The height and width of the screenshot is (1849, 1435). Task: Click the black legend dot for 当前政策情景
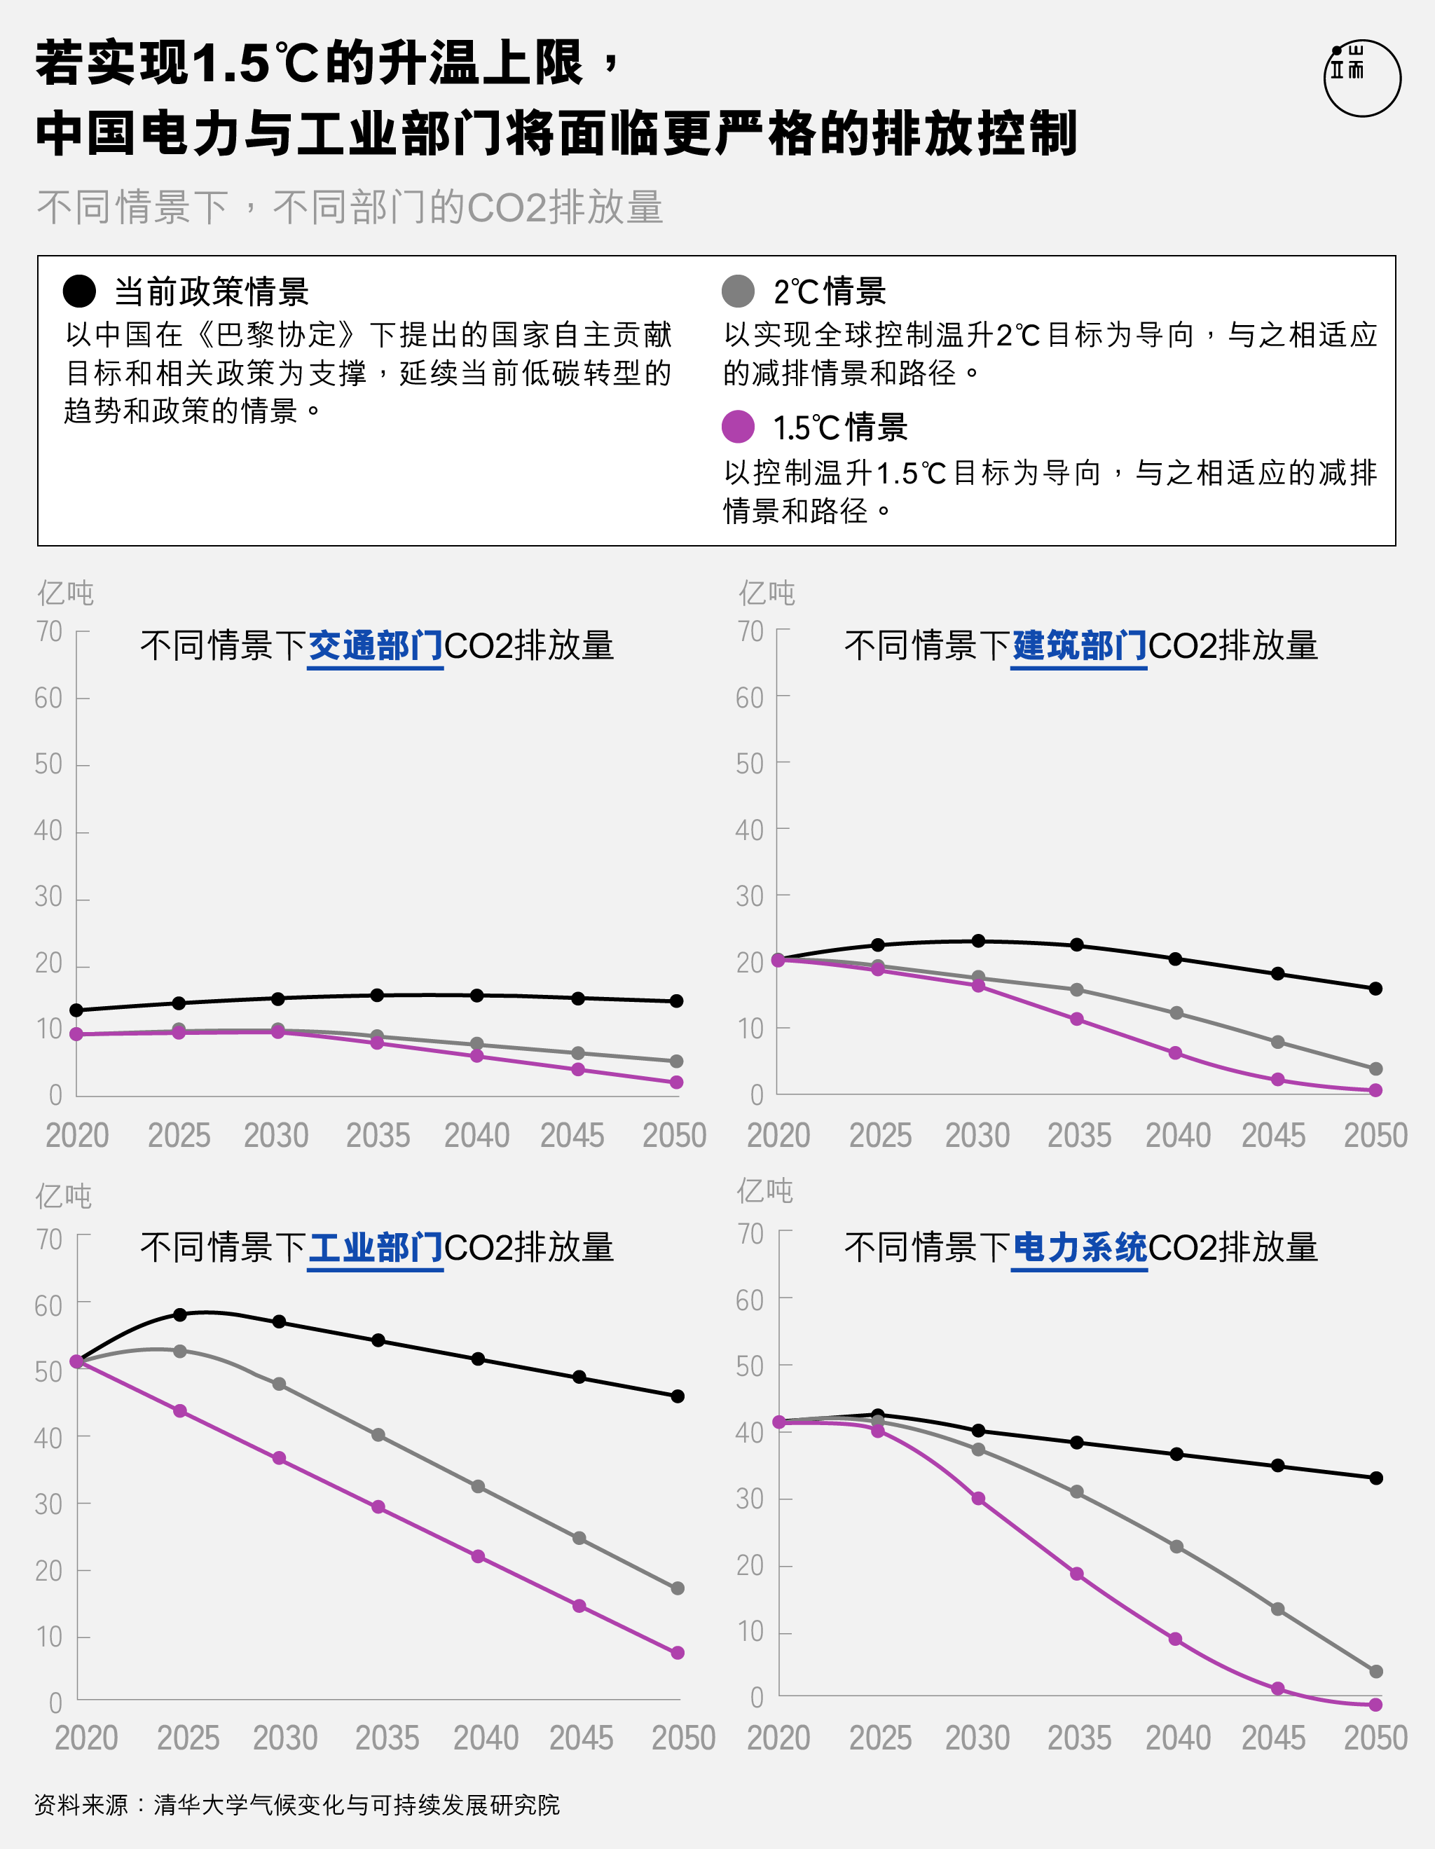coord(80,291)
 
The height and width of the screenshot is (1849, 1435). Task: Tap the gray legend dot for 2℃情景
coord(737,291)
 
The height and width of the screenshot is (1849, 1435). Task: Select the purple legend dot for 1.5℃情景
coord(737,427)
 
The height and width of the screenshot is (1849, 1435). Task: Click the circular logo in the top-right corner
coord(1361,78)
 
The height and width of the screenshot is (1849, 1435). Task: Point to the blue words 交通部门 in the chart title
coord(375,646)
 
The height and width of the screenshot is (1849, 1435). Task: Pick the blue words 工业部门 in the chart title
coord(375,1247)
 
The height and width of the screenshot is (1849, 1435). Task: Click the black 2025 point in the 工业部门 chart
coord(179,1315)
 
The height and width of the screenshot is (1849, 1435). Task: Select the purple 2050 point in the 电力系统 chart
coord(1375,1704)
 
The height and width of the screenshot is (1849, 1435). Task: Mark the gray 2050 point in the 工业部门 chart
coord(678,1588)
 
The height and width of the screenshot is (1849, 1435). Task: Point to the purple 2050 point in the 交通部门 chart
coord(676,1082)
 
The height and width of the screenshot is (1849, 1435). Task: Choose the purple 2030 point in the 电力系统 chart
coord(978,1499)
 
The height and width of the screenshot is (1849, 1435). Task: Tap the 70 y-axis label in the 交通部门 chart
coord(49,631)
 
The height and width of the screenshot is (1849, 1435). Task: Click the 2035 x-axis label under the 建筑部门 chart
coord(1078,1135)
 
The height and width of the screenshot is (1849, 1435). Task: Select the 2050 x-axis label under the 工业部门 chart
coord(683,1738)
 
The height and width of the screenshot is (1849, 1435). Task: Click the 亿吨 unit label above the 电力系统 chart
coord(764,1190)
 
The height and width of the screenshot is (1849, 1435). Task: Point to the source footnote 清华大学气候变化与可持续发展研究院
coord(355,1805)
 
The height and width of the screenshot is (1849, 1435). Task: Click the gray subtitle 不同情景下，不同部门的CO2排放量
coord(350,207)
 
